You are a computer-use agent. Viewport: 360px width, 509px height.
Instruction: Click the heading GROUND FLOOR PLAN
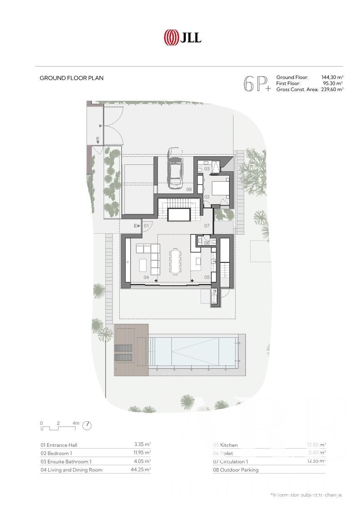coord(71,78)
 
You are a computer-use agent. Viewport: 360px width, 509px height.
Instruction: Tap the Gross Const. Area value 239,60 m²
coord(332,89)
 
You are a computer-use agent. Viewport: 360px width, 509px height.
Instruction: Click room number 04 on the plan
coord(146,277)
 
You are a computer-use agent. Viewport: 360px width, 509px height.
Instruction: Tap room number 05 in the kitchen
coord(207,277)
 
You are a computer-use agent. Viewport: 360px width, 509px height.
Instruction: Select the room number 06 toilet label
coord(207,243)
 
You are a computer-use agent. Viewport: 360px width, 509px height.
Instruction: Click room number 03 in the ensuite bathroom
coord(207,169)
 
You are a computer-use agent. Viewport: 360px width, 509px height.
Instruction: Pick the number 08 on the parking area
coord(189,189)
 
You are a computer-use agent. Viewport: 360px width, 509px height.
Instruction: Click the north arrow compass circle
coord(87,426)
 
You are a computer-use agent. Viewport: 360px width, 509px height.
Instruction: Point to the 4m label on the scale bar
coord(76,423)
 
